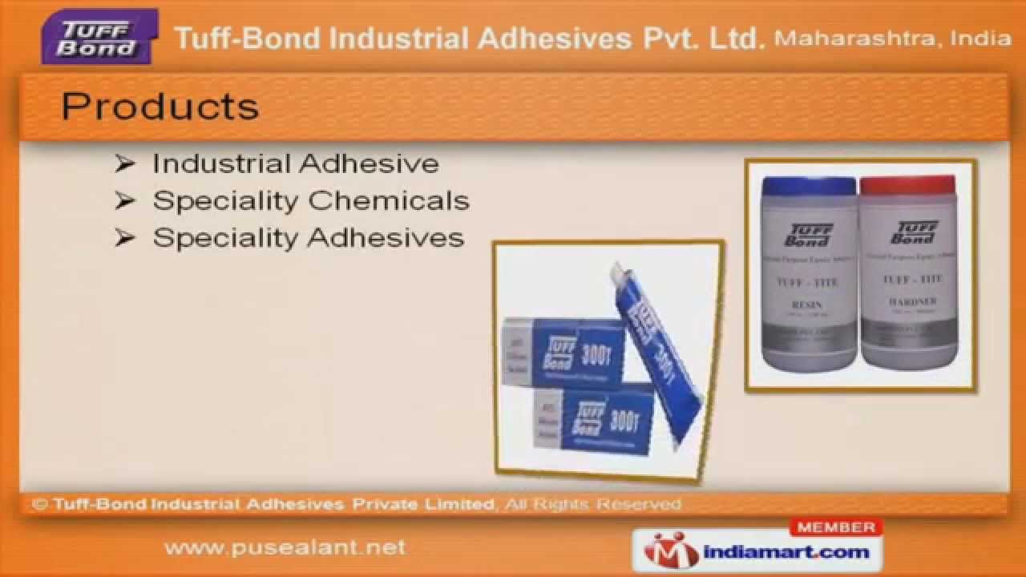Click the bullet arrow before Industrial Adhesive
[123, 163]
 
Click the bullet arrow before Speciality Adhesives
[123, 237]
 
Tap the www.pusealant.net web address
[285, 548]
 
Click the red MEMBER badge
[835, 527]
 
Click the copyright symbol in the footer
[39, 504]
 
